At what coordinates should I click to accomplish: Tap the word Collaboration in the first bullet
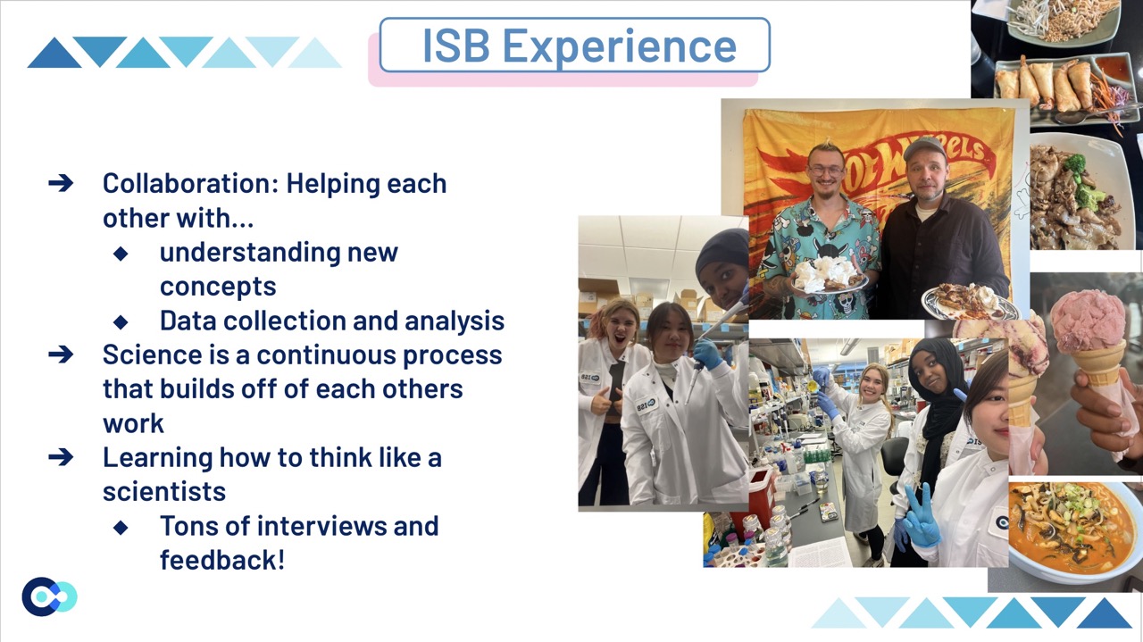pos(187,183)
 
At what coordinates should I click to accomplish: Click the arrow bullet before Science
pos(61,354)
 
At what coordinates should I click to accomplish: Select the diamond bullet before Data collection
pos(121,321)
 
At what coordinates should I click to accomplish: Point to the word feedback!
pos(222,560)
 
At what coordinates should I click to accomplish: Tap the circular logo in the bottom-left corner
pos(49,596)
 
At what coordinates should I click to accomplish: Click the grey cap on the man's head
pos(924,147)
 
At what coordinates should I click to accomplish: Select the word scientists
pos(164,491)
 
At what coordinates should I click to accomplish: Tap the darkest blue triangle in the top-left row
pos(54,53)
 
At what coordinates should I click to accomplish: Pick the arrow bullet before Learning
pos(61,457)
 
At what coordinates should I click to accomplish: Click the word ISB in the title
pos(456,46)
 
